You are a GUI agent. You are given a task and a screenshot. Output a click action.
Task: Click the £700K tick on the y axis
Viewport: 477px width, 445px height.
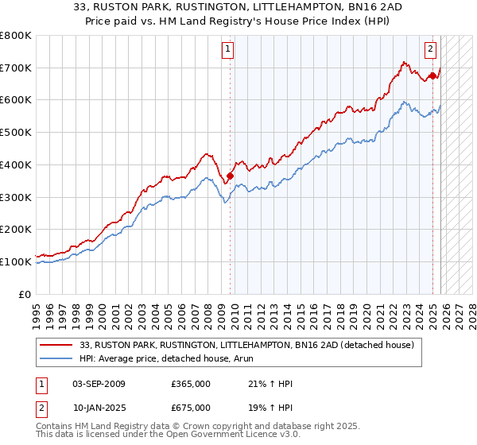point(16,68)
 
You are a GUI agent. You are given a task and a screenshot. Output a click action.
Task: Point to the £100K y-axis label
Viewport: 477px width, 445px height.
point(16,261)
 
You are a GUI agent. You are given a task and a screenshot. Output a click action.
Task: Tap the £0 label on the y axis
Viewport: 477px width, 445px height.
point(25,294)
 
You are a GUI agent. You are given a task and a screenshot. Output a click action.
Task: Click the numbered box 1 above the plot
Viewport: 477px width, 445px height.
point(227,49)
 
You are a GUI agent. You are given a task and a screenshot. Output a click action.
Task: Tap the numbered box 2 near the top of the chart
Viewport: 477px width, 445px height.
point(430,49)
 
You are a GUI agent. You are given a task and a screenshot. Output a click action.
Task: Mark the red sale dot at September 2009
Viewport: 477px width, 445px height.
point(231,176)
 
